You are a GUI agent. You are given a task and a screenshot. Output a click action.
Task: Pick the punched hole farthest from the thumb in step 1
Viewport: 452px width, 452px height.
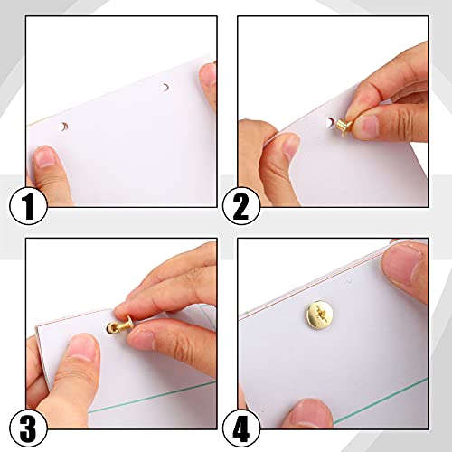(165, 88)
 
